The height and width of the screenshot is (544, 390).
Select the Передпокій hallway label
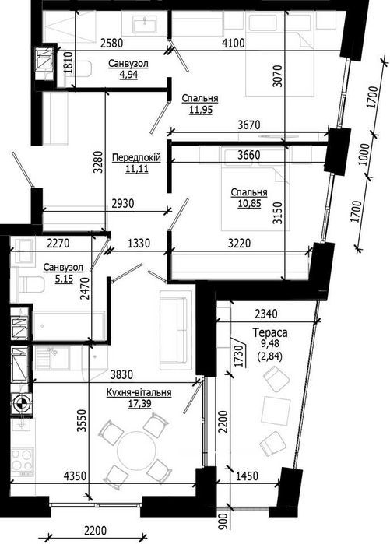tap(136, 157)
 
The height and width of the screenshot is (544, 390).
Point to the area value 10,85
tap(249, 205)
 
